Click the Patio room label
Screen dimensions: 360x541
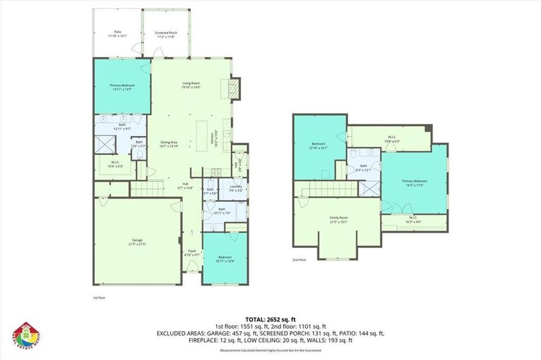click(x=117, y=34)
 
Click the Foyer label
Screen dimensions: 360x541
click(x=192, y=253)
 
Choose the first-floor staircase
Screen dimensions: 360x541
click(x=147, y=190)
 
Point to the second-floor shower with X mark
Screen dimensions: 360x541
click(x=368, y=188)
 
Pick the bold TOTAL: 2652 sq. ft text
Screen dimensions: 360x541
click(x=270, y=319)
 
